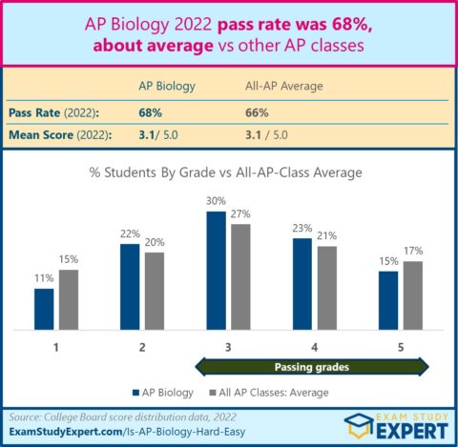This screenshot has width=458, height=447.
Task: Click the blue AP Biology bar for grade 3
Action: point(217,270)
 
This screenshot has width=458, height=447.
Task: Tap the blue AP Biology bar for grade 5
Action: point(387,300)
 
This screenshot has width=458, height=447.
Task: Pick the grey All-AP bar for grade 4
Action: point(325,288)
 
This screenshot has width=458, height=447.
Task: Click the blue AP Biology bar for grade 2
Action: point(131,286)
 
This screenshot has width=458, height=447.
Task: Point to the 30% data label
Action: point(217,202)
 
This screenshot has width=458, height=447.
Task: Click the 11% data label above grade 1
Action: point(45,279)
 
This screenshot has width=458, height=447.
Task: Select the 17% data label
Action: point(412,251)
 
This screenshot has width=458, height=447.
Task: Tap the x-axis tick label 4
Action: point(315,347)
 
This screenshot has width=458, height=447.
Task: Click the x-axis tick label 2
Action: point(142,347)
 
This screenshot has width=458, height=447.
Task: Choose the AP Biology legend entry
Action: point(160,393)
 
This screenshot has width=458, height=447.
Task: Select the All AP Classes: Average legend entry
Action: point(268,393)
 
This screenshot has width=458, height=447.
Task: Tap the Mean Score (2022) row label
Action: point(58,134)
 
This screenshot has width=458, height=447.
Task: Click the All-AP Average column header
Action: point(284,86)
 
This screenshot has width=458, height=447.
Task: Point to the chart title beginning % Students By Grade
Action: point(229,173)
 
